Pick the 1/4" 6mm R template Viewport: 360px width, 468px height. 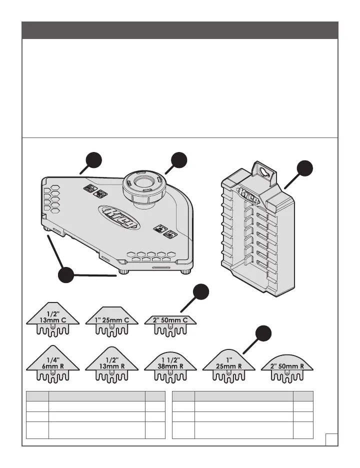tap(52, 363)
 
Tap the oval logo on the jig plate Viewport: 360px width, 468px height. tap(119, 216)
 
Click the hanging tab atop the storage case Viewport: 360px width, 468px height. tap(263, 172)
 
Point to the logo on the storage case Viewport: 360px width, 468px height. tap(248, 195)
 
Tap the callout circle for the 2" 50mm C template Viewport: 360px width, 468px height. tap(201, 292)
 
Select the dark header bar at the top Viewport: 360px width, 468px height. tap(180, 30)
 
